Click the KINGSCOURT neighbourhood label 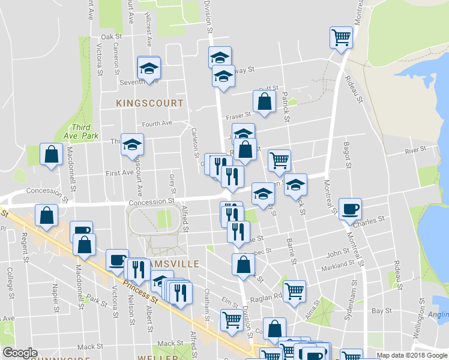(x=149, y=103)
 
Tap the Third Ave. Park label (x=84, y=131)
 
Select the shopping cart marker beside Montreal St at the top (x=341, y=38)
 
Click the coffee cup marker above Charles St (x=350, y=209)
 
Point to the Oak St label (x=112, y=37)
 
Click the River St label (x=415, y=149)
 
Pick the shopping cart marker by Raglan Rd (x=294, y=292)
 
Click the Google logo (x=20, y=353)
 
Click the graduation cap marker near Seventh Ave (x=148, y=68)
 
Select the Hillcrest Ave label (x=148, y=25)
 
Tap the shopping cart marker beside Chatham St (x=231, y=320)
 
